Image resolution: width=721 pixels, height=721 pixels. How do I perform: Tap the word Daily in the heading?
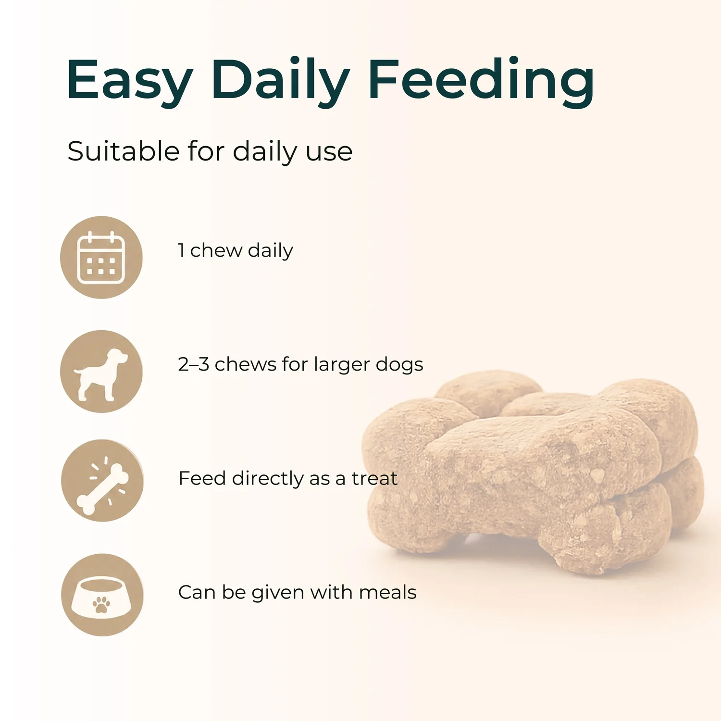coord(280,81)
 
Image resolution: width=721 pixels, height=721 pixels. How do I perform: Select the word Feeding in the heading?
coord(482,81)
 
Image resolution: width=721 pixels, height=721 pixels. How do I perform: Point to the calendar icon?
coord(101,257)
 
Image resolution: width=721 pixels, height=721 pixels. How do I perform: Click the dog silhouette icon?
coord(101,374)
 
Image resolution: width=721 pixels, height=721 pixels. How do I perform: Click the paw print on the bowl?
coord(101,604)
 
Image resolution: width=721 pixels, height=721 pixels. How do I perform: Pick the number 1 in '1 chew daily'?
coord(181,250)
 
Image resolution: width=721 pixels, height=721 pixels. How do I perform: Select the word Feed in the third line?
coord(202,478)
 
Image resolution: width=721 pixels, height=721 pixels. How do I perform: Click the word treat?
coord(374,478)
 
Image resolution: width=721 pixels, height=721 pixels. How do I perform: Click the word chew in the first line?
coord(216,250)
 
